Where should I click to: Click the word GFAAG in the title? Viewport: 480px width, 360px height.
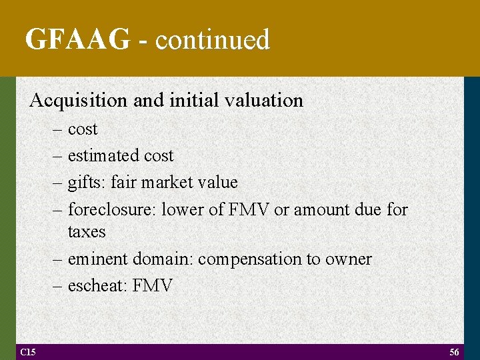77,40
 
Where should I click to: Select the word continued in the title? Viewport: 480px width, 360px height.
213,40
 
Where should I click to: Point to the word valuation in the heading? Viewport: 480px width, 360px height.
265,101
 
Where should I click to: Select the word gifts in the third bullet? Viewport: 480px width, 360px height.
87,182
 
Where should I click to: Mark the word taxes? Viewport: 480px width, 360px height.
87,232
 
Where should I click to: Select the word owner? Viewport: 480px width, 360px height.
349,259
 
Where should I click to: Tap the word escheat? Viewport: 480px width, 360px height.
97,286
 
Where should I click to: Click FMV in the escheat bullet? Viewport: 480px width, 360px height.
153,286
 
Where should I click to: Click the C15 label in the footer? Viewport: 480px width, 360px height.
28,351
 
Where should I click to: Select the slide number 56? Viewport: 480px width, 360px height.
454,352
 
